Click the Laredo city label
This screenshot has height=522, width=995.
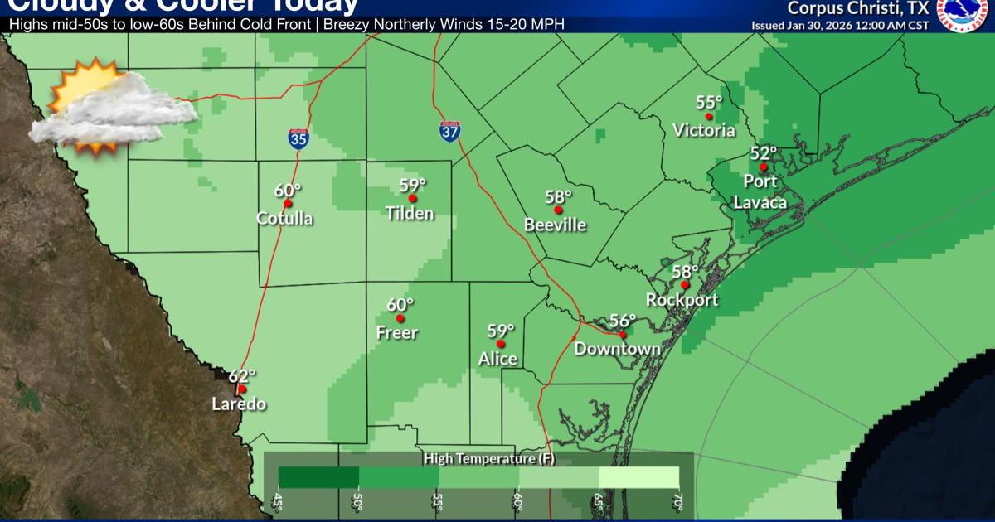(239, 404)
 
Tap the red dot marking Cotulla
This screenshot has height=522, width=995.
(288, 203)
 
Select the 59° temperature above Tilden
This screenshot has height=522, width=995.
(412, 185)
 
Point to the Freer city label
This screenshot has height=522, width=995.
(397, 333)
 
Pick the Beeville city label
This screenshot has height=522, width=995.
(556, 225)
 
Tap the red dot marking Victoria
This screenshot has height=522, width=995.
(708, 117)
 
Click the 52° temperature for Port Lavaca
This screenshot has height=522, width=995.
(763, 153)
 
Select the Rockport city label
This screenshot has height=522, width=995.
(682, 300)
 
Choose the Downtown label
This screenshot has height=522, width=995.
(618, 349)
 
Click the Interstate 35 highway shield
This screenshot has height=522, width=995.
(299, 138)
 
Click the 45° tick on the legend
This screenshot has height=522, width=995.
(278, 502)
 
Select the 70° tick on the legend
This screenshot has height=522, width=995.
(677, 502)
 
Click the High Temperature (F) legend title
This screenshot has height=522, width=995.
(477, 458)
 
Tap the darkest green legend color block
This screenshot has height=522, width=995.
(318, 476)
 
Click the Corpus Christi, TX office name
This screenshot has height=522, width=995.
(857, 8)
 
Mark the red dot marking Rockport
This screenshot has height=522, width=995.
(685, 284)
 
